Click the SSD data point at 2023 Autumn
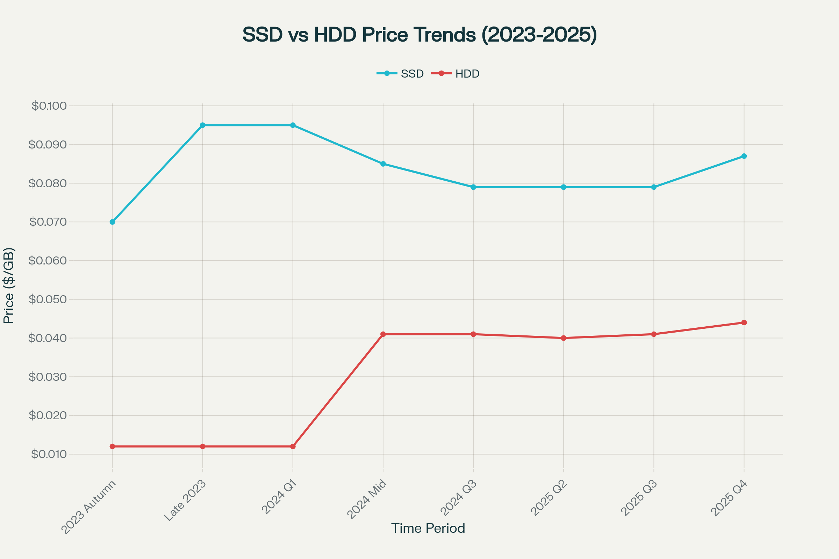point(112,222)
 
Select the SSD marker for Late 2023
point(203,125)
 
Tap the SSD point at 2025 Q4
point(744,156)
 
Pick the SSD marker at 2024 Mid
point(383,164)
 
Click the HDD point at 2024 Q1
point(293,447)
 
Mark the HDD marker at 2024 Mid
point(383,334)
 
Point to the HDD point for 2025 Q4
point(744,322)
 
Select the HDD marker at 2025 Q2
point(564,338)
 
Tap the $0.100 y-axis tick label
point(49,106)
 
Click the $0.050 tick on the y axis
point(48,299)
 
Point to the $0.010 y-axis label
point(49,454)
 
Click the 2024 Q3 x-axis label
point(459,498)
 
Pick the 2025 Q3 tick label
point(640,498)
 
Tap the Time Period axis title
point(428,528)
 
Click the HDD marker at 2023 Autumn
point(112,447)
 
